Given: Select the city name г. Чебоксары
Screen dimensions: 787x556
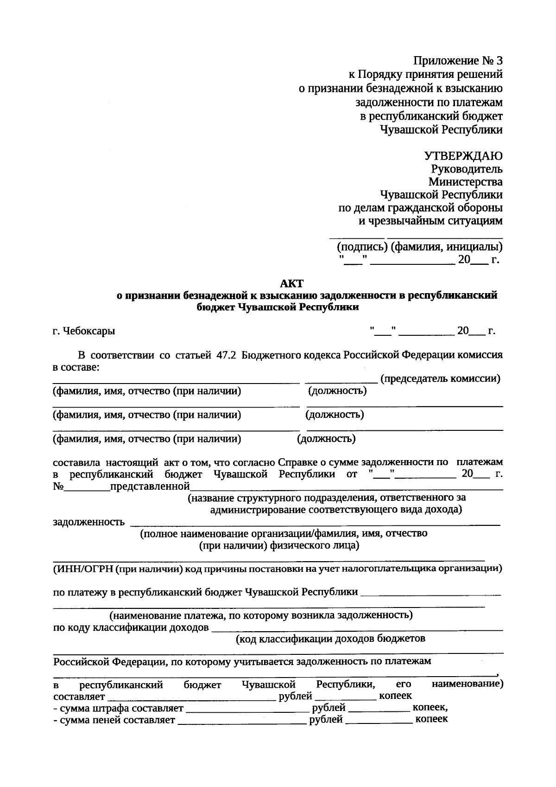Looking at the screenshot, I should click(84, 332).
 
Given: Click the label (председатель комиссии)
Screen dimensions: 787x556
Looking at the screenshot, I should click(440, 379).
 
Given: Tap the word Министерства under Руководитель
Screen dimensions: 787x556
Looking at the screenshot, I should click(465, 182).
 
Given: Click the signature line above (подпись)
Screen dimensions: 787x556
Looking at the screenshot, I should click(356, 238).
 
